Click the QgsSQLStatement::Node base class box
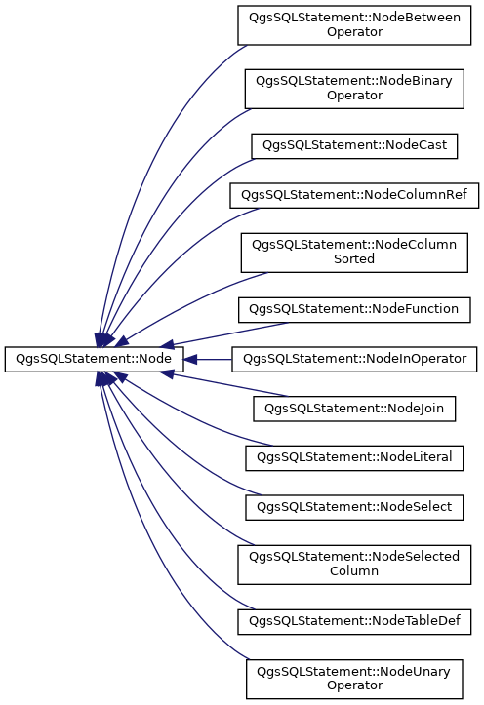[x=94, y=359]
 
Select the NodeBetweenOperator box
[x=354, y=25]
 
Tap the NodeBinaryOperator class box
[x=354, y=89]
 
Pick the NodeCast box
[x=354, y=146]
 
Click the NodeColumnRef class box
[x=354, y=195]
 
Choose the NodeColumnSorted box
[x=354, y=253]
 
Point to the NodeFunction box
[x=354, y=310]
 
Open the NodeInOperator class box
[x=354, y=359]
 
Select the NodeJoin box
[x=354, y=409]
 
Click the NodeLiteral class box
[x=354, y=458]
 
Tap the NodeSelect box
[x=354, y=508]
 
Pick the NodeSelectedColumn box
[x=354, y=565]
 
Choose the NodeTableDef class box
[x=354, y=622]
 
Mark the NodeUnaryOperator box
[x=354, y=680]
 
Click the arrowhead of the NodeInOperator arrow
[x=190, y=359]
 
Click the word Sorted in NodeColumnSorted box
[x=354, y=259]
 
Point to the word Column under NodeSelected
[x=354, y=571]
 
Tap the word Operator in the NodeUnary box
[x=354, y=685]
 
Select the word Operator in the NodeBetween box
[x=354, y=32]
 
